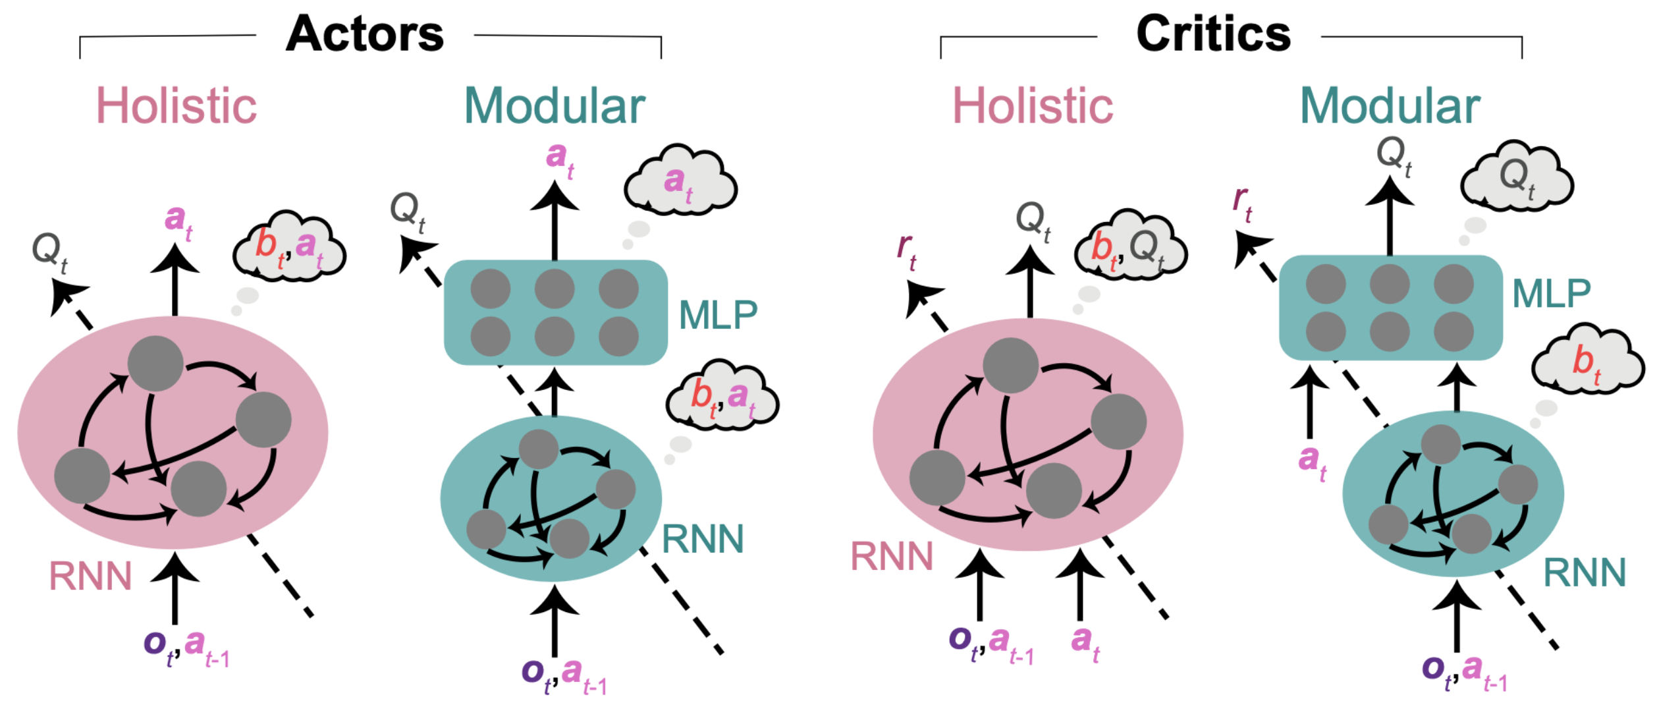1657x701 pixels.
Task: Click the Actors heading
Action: pos(365,34)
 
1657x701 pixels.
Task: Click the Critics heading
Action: pos(1213,34)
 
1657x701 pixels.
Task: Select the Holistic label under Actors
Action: pos(177,106)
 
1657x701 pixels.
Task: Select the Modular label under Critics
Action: pos(1390,106)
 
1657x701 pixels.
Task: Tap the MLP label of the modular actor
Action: pos(718,316)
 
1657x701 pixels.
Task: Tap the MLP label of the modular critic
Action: pos(1552,294)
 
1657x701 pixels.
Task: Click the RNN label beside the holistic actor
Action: pos(91,576)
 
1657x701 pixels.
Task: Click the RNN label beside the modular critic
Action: pos(1585,573)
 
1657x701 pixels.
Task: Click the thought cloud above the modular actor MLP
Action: pos(680,182)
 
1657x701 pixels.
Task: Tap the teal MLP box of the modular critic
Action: pos(1390,308)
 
